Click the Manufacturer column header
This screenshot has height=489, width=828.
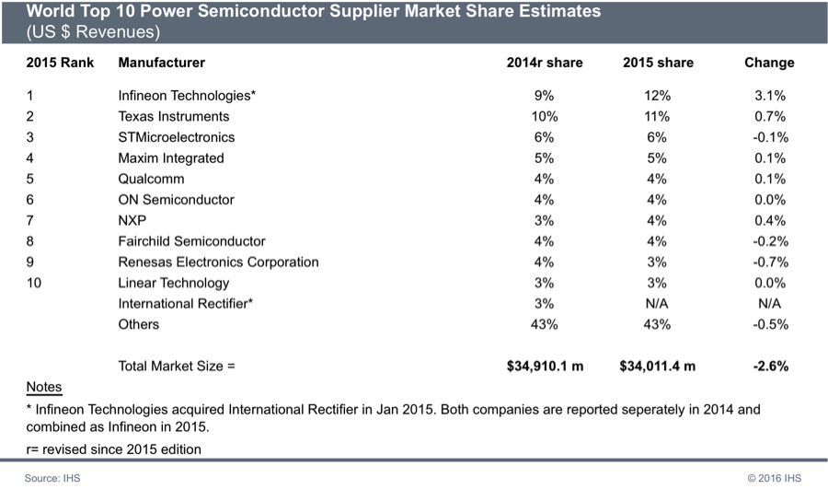[162, 63]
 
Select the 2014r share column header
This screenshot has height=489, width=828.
[545, 63]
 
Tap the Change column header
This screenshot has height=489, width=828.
[768, 63]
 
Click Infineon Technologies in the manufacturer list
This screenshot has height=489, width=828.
[187, 96]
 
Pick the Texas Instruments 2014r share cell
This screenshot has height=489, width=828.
[545, 117]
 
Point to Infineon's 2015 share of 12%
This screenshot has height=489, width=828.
[658, 96]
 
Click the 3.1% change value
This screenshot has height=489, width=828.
[769, 96]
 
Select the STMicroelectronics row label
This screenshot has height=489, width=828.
[177, 137]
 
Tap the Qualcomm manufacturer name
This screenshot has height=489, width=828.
[151, 179]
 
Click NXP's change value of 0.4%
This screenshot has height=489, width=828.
[769, 221]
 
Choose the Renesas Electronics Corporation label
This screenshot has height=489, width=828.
[218, 262]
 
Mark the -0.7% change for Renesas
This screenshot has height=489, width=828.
[768, 262]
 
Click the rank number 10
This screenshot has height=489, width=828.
[34, 283]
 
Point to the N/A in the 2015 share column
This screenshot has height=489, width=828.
[658, 304]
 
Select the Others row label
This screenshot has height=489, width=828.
[138, 324]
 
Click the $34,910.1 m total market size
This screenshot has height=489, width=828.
[545, 366]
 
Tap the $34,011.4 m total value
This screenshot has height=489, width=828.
[658, 366]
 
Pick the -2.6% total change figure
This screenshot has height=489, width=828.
[768, 366]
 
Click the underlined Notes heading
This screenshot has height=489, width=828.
[44, 387]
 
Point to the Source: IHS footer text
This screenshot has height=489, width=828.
[53, 477]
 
